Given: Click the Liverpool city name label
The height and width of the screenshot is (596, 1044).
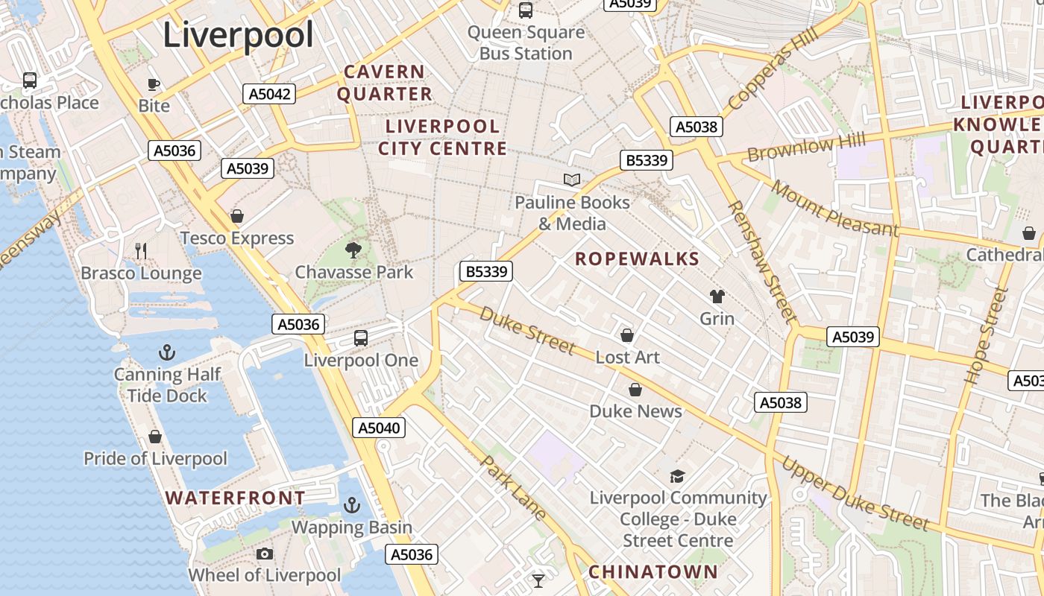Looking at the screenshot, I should (x=238, y=35).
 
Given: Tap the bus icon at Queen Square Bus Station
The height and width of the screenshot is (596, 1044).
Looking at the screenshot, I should (x=526, y=10).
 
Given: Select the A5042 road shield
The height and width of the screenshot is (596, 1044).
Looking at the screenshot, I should (x=269, y=94).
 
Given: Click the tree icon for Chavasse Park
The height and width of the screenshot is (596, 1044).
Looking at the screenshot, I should (x=353, y=250).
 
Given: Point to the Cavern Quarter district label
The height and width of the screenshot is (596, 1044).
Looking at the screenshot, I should (x=385, y=83).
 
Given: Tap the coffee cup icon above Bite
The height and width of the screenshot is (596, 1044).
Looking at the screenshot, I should (x=154, y=84).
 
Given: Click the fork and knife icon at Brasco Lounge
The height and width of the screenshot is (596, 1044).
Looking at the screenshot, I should (x=141, y=251).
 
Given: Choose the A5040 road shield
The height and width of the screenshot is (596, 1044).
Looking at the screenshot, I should (x=379, y=428).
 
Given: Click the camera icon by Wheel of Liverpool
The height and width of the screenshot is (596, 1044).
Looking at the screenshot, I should (x=264, y=554).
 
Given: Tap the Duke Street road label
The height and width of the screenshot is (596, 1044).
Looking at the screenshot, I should (x=527, y=330).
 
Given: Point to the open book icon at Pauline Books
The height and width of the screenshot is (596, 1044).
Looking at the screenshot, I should (x=572, y=180).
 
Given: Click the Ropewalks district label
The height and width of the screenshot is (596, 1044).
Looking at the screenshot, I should (x=638, y=259).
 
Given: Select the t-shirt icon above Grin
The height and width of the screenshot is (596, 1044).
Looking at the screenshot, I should (x=717, y=297).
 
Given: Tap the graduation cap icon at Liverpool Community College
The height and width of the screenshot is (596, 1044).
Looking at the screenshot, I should (x=677, y=476).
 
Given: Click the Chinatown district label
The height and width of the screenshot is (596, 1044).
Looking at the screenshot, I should (x=652, y=572).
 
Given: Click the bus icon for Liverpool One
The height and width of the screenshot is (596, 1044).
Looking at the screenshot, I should (x=361, y=338).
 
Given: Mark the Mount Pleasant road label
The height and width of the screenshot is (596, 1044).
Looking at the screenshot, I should (x=834, y=208).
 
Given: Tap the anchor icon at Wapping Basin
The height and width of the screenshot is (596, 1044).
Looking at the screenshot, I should (x=351, y=506).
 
